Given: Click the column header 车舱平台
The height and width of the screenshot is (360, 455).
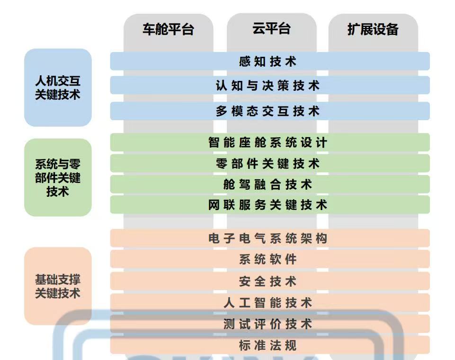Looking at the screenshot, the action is [x=168, y=29].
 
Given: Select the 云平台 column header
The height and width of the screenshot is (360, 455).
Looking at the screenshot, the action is [x=271, y=29].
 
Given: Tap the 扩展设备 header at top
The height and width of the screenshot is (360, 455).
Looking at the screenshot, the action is [x=373, y=29].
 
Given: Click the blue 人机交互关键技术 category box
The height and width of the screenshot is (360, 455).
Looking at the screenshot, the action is [x=58, y=88].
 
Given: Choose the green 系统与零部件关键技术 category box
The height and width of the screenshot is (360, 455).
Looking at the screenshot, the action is [x=58, y=177].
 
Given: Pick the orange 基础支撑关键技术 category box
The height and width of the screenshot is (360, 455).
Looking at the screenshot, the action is [x=58, y=286].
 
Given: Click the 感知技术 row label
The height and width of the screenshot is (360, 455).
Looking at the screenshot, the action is [x=268, y=61].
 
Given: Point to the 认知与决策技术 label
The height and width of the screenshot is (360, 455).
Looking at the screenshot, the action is [x=268, y=86].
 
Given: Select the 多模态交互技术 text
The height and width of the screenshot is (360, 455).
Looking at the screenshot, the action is [x=268, y=111].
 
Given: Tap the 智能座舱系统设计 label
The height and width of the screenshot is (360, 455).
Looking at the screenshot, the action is [x=268, y=142].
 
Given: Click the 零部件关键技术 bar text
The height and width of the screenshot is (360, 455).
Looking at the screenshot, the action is [x=268, y=164].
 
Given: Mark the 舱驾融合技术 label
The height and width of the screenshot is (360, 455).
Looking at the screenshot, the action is [x=268, y=184].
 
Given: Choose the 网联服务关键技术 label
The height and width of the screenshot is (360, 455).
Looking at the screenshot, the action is [x=268, y=205].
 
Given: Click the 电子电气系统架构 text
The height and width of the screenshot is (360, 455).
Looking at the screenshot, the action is [x=268, y=238].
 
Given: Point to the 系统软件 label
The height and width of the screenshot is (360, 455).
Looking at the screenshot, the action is [x=268, y=259].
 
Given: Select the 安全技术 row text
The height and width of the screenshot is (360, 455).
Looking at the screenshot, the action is [x=268, y=281].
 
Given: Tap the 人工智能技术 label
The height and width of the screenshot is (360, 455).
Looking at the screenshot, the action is [x=268, y=303].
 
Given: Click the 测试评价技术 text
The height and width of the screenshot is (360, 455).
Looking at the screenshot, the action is [x=268, y=324].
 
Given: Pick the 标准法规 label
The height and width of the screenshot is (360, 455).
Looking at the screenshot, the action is [x=268, y=345].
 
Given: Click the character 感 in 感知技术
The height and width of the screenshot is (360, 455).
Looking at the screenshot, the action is [x=245, y=61].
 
